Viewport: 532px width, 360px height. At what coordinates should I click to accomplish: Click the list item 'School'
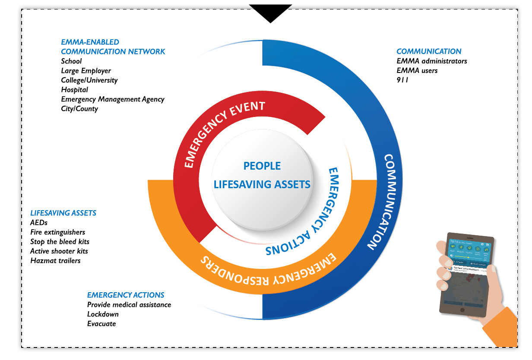[71, 61]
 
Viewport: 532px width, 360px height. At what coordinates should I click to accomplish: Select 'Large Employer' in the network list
[86, 71]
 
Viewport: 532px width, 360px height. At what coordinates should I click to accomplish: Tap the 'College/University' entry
[89, 80]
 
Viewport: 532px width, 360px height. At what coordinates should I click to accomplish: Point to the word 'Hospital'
[74, 90]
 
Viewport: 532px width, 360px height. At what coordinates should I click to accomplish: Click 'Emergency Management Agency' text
[113, 99]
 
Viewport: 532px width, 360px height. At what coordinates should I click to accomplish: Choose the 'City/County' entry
[79, 109]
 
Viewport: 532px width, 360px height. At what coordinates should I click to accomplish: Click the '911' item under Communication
[402, 80]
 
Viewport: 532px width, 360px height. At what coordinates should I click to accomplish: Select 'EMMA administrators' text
[432, 61]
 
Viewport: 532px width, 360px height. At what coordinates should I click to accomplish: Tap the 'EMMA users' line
[417, 71]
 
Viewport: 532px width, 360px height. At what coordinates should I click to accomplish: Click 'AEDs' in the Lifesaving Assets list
[39, 223]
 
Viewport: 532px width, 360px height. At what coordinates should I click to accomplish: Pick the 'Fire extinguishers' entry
[57, 232]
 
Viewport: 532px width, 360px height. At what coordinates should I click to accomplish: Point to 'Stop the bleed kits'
[60, 242]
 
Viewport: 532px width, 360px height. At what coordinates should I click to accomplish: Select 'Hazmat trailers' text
[55, 261]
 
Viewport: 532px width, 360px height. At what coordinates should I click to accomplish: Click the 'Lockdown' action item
[103, 314]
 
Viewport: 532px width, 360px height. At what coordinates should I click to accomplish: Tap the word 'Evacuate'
[101, 324]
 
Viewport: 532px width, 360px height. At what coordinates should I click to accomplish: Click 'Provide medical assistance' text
[129, 305]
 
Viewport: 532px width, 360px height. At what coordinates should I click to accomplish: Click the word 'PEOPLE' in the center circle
[262, 166]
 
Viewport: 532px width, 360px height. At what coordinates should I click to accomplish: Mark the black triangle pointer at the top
[271, 15]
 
